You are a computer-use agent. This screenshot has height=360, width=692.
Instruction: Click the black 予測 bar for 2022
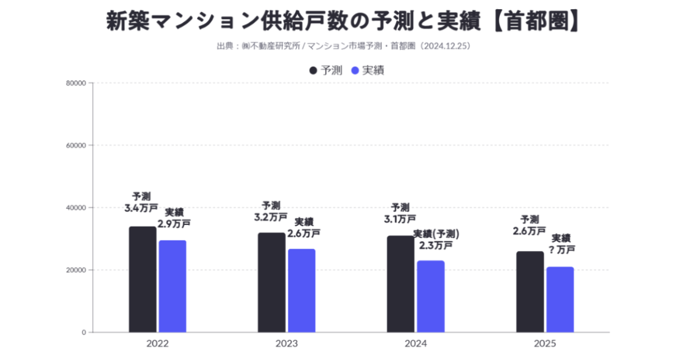point(142,279)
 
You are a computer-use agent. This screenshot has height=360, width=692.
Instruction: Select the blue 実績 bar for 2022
point(172,286)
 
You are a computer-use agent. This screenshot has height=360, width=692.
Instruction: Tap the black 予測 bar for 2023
point(272,282)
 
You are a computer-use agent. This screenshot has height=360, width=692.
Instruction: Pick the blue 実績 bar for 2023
point(302,290)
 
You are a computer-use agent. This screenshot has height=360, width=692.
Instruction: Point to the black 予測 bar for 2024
point(401,284)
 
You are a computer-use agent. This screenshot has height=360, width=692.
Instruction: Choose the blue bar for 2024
point(431,296)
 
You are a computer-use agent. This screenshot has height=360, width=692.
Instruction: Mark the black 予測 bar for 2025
point(530,291)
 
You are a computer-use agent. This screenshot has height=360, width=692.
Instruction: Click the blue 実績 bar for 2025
point(560,299)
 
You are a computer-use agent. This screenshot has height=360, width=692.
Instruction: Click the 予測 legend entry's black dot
point(313,70)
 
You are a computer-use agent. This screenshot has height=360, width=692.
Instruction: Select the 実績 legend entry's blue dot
point(355,70)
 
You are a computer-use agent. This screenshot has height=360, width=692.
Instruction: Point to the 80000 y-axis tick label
point(76,83)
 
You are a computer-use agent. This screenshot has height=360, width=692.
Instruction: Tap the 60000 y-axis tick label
point(76,145)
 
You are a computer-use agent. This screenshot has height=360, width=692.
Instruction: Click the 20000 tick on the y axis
point(76,270)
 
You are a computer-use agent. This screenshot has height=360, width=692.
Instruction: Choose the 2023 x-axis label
point(287,344)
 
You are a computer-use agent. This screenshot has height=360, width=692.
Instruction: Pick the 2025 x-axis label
point(545,344)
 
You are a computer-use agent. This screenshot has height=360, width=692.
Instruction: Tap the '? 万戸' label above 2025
point(561,249)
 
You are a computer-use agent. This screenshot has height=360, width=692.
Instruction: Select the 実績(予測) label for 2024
point(436,234)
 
